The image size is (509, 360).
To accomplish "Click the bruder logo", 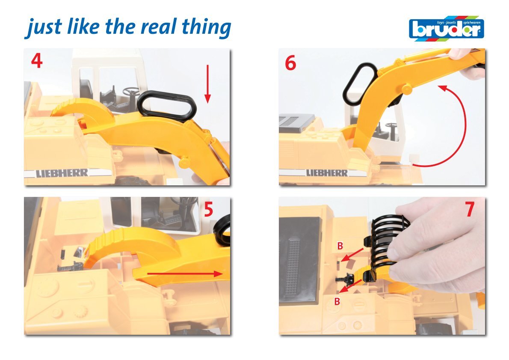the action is (x=447, y=28).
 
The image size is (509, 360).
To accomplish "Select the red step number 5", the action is (x=208, y=209).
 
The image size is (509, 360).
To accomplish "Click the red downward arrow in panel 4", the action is (x=208, y=84).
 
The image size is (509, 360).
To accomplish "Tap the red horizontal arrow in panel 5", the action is (x=185, y=274).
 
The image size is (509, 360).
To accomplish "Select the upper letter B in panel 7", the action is (x=340, y=246).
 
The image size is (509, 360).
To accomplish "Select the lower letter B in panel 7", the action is (x=337, y=301).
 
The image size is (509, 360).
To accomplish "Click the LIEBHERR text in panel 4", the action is (x=62, y=173).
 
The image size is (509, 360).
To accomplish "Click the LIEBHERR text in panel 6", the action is (x=327, y=173).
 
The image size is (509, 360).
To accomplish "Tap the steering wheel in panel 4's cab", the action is (x=131, y=91).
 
